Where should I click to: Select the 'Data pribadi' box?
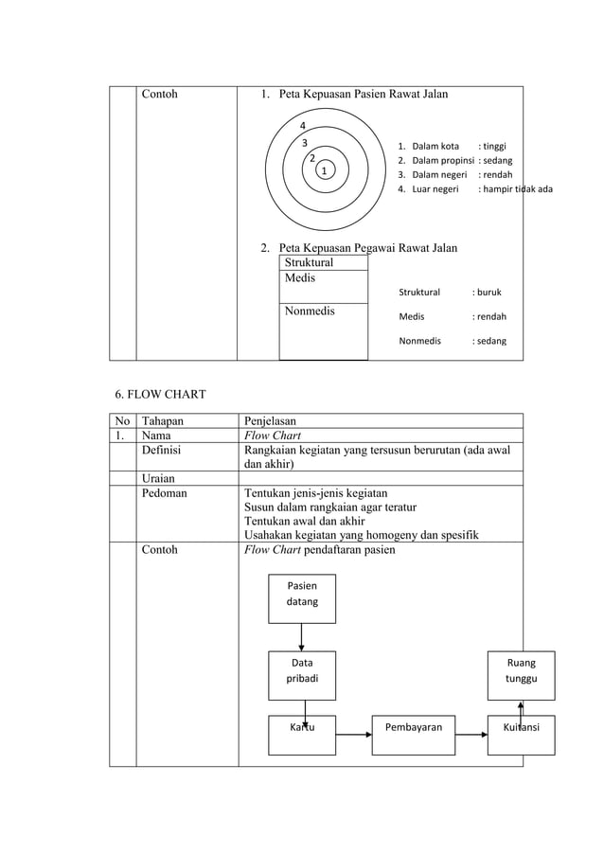click(302, 672)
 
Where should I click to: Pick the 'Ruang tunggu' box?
click(521, 672)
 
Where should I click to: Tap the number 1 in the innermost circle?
click(323, 171)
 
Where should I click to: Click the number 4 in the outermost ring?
click(302, 126)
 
